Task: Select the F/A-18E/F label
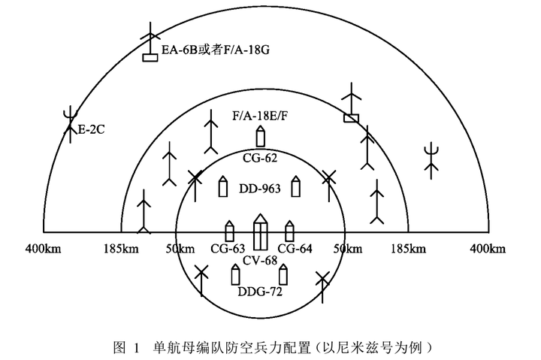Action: pyautogui.click(x=260, y=114)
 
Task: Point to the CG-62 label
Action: pyautogui.click(x=260, y=158)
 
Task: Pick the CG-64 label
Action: pyautogui.click(x=295, y=249)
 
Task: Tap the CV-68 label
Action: pyautogui.click(x=260, y=261)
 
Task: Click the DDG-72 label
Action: pyautogui.click(x=260, y=292)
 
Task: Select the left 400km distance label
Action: pyautogui.click(x=44, y=248)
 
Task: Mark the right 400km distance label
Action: pyautogui.click(x=488, y=248)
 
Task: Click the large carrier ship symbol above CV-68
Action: pyautogui.click(x=260, y=232)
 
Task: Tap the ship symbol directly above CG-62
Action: pyautogui.click(x=261, y=138)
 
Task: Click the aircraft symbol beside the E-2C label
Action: pyautogui.click(x=70, y=122)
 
